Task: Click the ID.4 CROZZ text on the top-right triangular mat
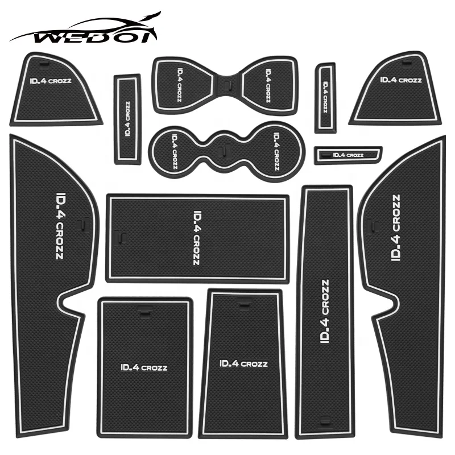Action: [x=402, y=80]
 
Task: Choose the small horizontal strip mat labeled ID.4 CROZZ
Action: [x=347, y=154]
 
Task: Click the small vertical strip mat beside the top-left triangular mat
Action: [x=127, y=118]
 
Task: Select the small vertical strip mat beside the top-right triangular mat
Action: [x=325, y=97]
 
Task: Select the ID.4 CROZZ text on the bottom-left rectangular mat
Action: [x=144, y=367]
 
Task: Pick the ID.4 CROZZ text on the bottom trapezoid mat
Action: [x=243, y=363]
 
